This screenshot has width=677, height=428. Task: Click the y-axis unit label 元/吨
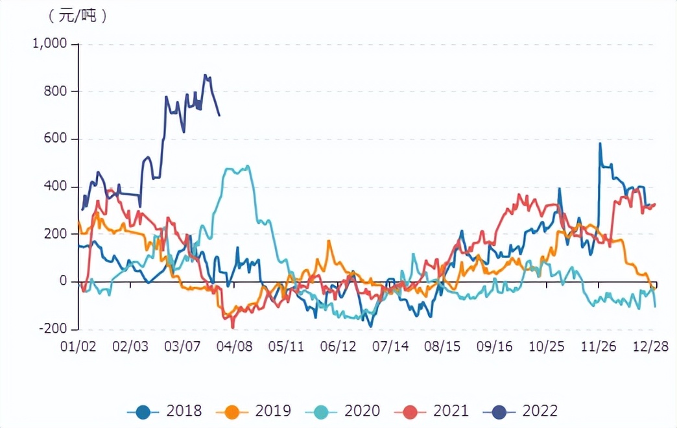(77, 16)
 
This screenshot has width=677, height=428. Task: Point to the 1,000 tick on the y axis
(49, 44)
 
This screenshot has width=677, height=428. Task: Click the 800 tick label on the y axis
(55, 91)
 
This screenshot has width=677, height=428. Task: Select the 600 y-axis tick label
(55, 139)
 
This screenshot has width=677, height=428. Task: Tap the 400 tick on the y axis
(55, 187)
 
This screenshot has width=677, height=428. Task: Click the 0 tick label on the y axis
(63, 281)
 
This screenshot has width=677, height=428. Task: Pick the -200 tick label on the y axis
(53, 329)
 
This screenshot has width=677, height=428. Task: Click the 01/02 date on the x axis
(78, 346)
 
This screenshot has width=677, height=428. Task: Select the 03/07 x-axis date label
(182, 346)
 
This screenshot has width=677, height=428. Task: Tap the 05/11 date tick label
(286, 346)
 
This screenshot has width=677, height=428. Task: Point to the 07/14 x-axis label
(390, 346)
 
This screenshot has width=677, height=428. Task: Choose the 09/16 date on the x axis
(495, 346)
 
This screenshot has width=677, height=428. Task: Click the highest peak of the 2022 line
(206, 75)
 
